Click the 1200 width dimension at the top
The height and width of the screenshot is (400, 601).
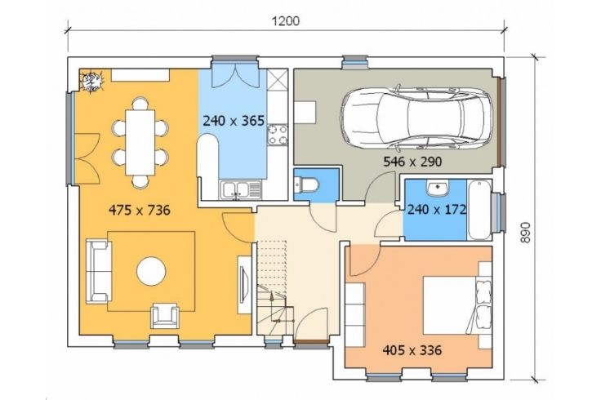tap(286, 21)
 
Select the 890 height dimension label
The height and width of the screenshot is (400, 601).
tap(525, 232)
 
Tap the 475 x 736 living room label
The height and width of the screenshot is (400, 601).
tap(140, 210)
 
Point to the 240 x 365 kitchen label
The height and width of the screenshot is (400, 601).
tap(234, 121)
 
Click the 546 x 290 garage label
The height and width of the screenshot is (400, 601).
tap(412, 162)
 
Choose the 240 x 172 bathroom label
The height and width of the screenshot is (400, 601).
tap(437, 210)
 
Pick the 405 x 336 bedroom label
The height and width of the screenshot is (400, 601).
tap(412, 350)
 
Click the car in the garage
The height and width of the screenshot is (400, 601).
tap(416, 118)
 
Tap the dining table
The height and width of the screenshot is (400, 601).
tap(140, 143)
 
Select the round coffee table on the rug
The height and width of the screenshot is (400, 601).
tap(151, 271)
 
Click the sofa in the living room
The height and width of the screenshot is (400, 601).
tap(99, 271)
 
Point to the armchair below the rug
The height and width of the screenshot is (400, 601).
tap(165, 316)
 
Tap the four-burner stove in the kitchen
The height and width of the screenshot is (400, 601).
tap(278, 136)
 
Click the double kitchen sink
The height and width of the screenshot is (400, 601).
tap(240, 190)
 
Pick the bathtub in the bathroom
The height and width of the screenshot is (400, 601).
tap(479, 210)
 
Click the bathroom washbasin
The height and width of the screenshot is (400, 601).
tap(437, 188)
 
